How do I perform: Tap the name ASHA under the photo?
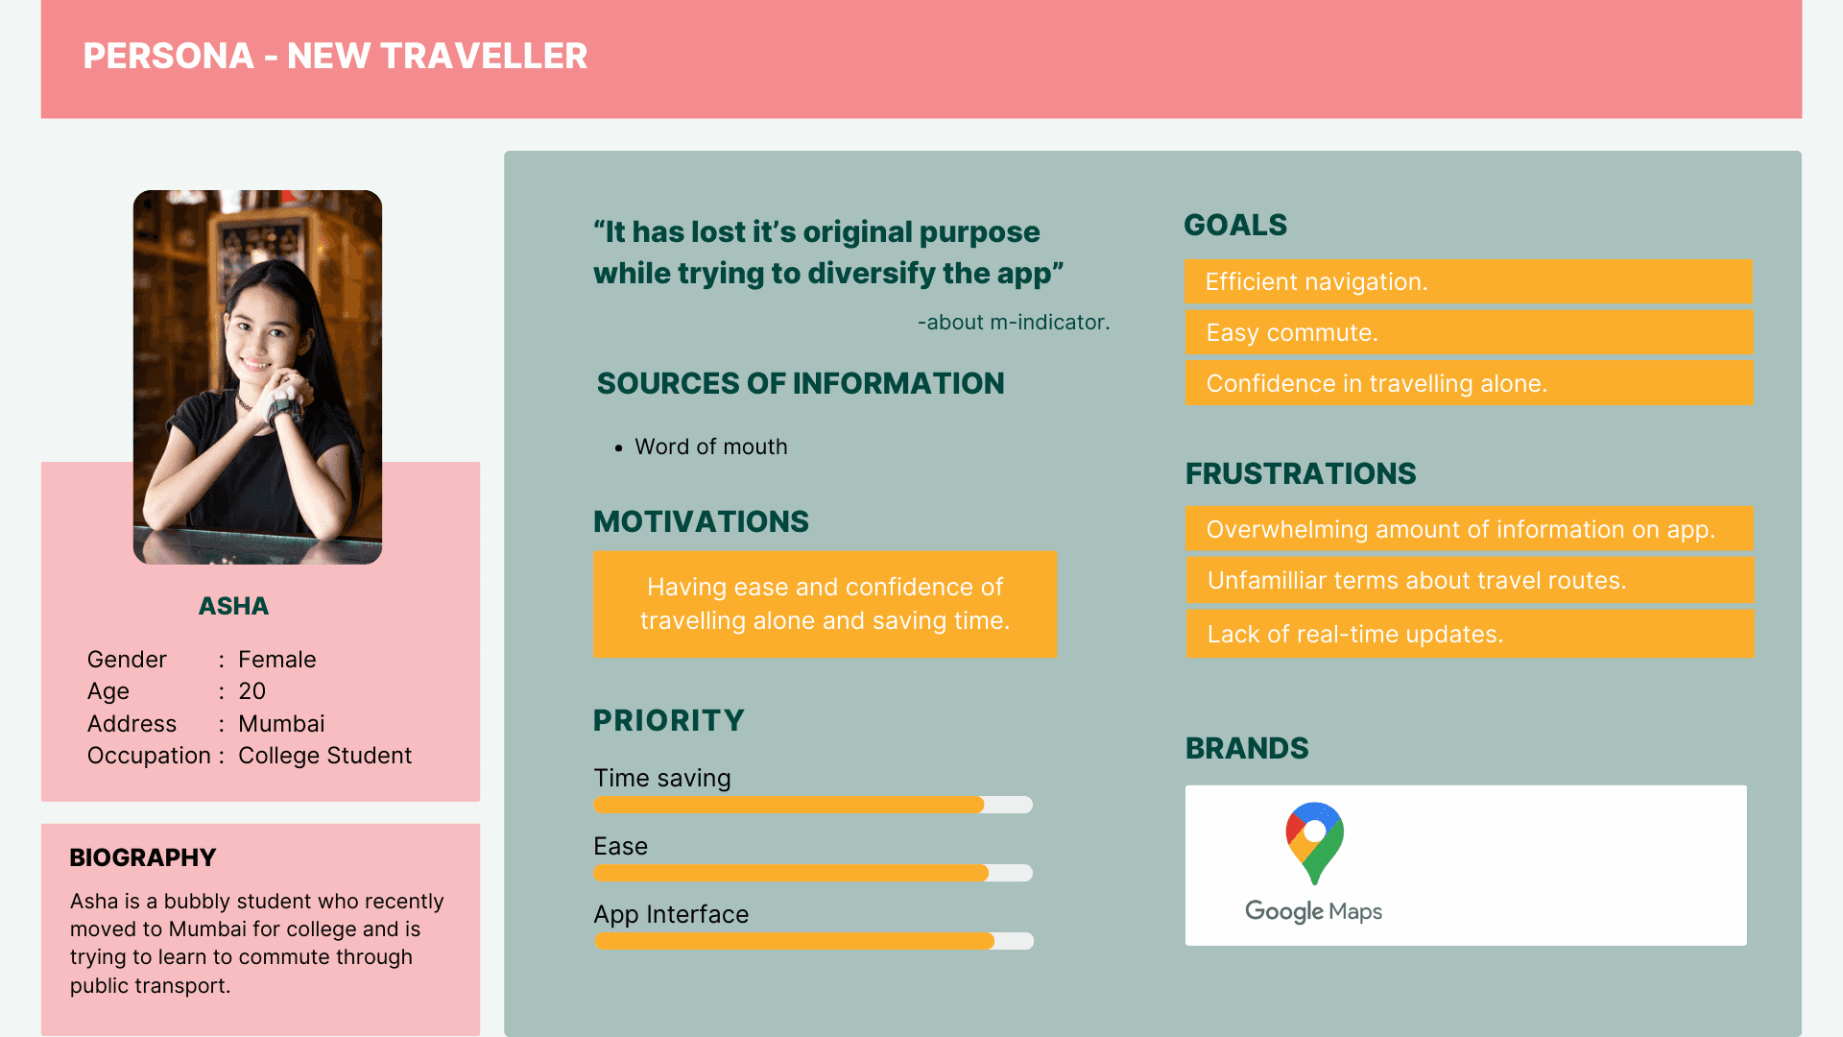233,606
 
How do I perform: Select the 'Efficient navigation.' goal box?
1469,281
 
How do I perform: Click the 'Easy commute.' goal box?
1469,332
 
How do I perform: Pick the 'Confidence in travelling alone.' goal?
1469,383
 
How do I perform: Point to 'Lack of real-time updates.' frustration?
1470,634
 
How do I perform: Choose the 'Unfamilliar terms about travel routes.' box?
1470,580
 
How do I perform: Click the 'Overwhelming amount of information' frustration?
1470,529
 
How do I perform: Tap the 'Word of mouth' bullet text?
711,446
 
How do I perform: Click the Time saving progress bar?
813,805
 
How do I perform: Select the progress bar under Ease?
813,873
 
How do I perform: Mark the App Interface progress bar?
814,941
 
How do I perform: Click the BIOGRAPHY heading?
143,857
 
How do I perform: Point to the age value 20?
251,691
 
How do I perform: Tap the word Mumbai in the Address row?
281,724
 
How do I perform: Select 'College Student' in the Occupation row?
324,756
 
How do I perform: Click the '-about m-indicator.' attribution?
1014,323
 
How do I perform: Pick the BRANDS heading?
1247,748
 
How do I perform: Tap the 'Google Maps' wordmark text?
1313,910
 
